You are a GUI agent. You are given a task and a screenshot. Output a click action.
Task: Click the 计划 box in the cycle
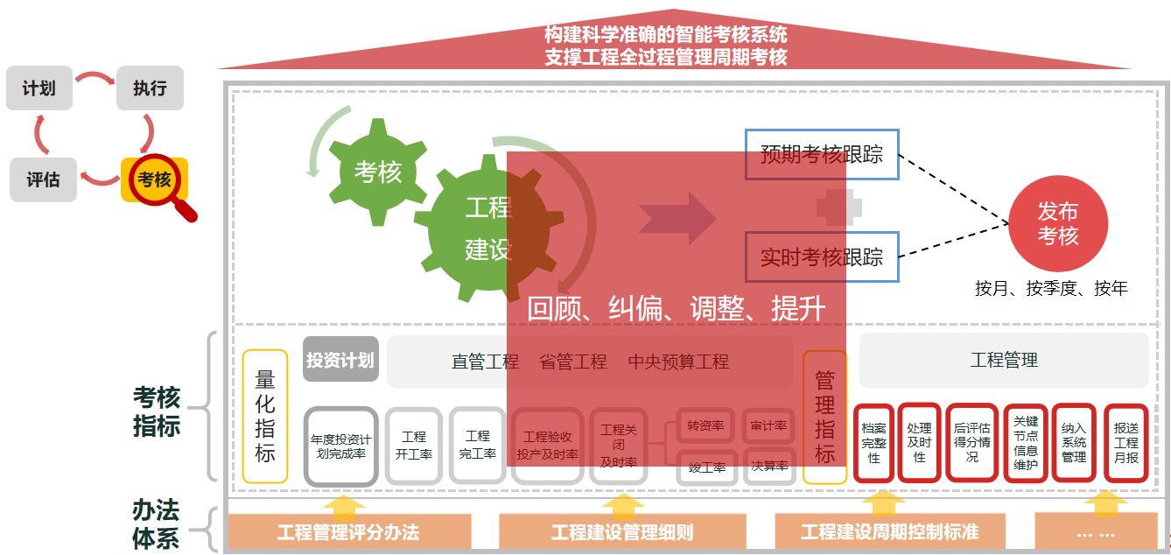click(x=39, y=88)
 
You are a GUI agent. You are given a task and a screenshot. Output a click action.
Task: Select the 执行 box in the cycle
click(x=150, y=88)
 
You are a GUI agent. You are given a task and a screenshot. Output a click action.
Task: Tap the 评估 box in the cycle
click(x=43, y=179)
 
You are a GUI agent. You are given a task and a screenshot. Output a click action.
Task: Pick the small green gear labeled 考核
click(x=377, y=172)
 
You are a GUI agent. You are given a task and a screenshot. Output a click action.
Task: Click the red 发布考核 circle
click(x=1057, y=224)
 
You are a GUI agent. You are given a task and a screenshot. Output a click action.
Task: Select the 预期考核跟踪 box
click(x=821, y=155)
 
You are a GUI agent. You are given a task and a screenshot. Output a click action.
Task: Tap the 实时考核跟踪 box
click(x=821, y=256)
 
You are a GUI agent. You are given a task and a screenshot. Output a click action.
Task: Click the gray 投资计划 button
click(x=340, y=360)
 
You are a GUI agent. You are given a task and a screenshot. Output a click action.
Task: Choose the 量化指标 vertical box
click(x=265, y=416)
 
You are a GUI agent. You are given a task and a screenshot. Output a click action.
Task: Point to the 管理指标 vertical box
click(x=824, y=417)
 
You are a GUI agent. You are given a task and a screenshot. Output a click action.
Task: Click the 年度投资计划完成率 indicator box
click(x=340, y=446)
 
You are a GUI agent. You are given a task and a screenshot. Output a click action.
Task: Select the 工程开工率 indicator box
click(x=413, y=445)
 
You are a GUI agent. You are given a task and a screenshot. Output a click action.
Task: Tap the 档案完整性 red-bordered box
click(x=873, y=443)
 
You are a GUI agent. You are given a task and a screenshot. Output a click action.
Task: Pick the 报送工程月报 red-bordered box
click(x=1125, y=443)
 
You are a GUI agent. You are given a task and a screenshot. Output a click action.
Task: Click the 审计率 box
click(x=768, y=426)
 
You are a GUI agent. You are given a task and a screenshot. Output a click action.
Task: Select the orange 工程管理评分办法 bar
click(x=348, y=531)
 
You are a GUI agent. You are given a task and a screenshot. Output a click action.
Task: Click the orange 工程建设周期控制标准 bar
click(x=889, y=531)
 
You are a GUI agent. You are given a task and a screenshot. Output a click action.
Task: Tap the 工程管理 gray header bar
click(x=1004, y=360)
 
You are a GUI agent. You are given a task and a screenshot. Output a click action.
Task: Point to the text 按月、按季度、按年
click(x=1051, y=289)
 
